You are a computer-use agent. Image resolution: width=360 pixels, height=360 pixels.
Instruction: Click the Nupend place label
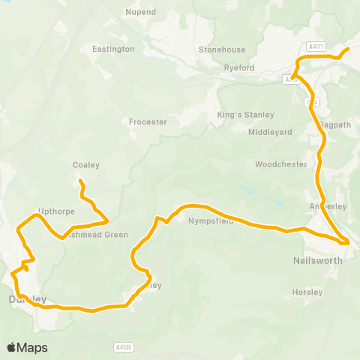140,13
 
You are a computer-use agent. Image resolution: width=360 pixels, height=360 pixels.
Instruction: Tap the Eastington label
113,49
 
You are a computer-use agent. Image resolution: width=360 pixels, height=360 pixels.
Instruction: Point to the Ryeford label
240,68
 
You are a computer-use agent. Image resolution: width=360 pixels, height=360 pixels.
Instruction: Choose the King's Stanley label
245,115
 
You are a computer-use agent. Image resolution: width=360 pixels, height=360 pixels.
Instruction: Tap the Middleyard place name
270,132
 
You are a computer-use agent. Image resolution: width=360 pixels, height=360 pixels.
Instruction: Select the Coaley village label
86,165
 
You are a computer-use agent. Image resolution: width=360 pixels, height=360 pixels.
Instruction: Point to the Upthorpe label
56,212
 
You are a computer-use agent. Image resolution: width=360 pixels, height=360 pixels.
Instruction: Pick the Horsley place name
307,292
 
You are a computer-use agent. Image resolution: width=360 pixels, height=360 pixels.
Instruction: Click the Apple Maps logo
27,347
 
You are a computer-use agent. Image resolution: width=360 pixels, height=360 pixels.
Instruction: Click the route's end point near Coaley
80,181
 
